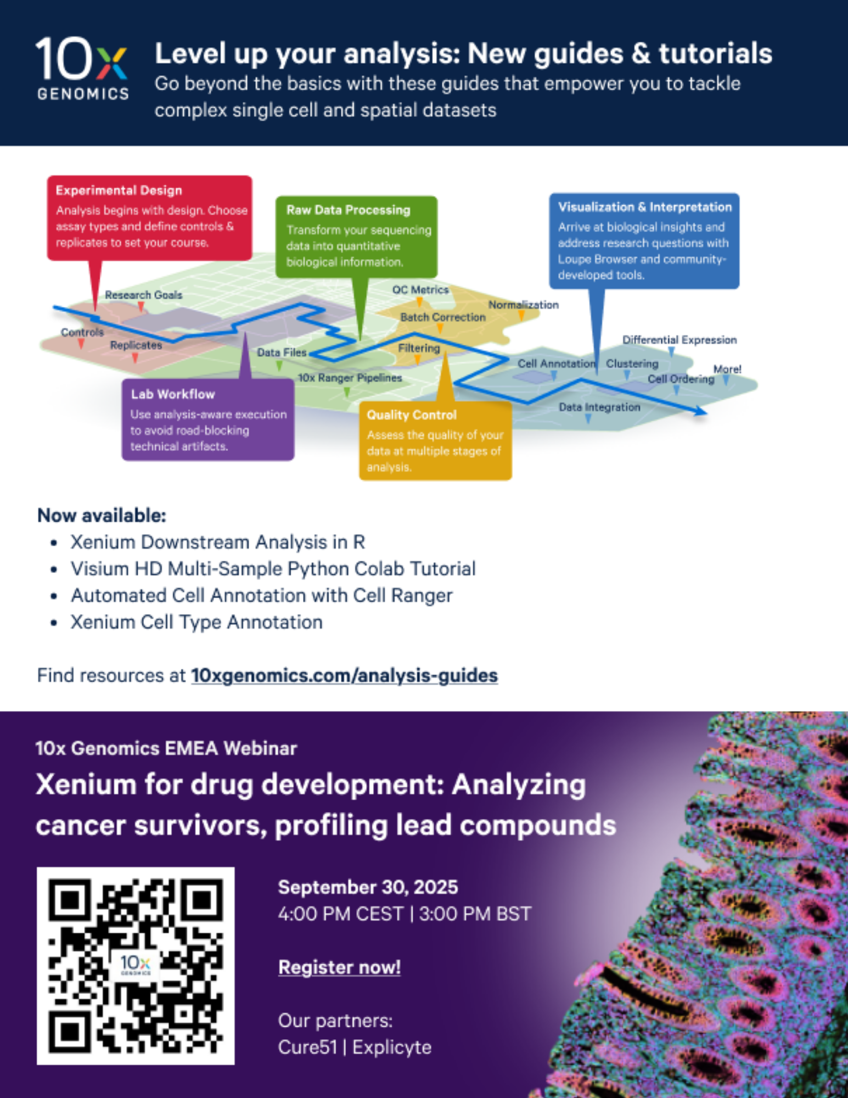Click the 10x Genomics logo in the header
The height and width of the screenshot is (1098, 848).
coord(82,69)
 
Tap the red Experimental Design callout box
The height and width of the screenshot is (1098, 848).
coord(149,218)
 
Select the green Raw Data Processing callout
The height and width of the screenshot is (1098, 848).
coord(356,237)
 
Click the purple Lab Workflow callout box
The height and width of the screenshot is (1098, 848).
coord(208,419)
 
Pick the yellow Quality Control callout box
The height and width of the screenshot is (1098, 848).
coord(435,441)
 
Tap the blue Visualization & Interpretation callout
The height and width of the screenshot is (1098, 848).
coord(644,240)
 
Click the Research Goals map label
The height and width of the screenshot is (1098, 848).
coord(144,295)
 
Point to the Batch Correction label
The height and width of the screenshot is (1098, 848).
coord(443,317)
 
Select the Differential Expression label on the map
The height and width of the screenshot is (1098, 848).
coord(679,340)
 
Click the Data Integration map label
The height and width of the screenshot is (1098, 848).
coord(599,407)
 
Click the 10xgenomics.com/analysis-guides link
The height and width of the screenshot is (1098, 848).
coord(344,675)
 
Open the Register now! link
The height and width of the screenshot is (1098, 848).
coord(339,967)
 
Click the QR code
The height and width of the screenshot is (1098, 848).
coord(136,966)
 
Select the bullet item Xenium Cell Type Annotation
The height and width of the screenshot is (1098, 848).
coord(196,622)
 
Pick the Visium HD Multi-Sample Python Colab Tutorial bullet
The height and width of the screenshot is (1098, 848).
coord(273,569)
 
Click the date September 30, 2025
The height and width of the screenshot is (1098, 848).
coord(368,887)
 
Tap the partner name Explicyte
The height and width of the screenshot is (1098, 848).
coord(392,1047)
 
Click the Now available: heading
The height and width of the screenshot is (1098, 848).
coord(102,516)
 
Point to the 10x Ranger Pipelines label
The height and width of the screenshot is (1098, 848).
coord(350,378)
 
